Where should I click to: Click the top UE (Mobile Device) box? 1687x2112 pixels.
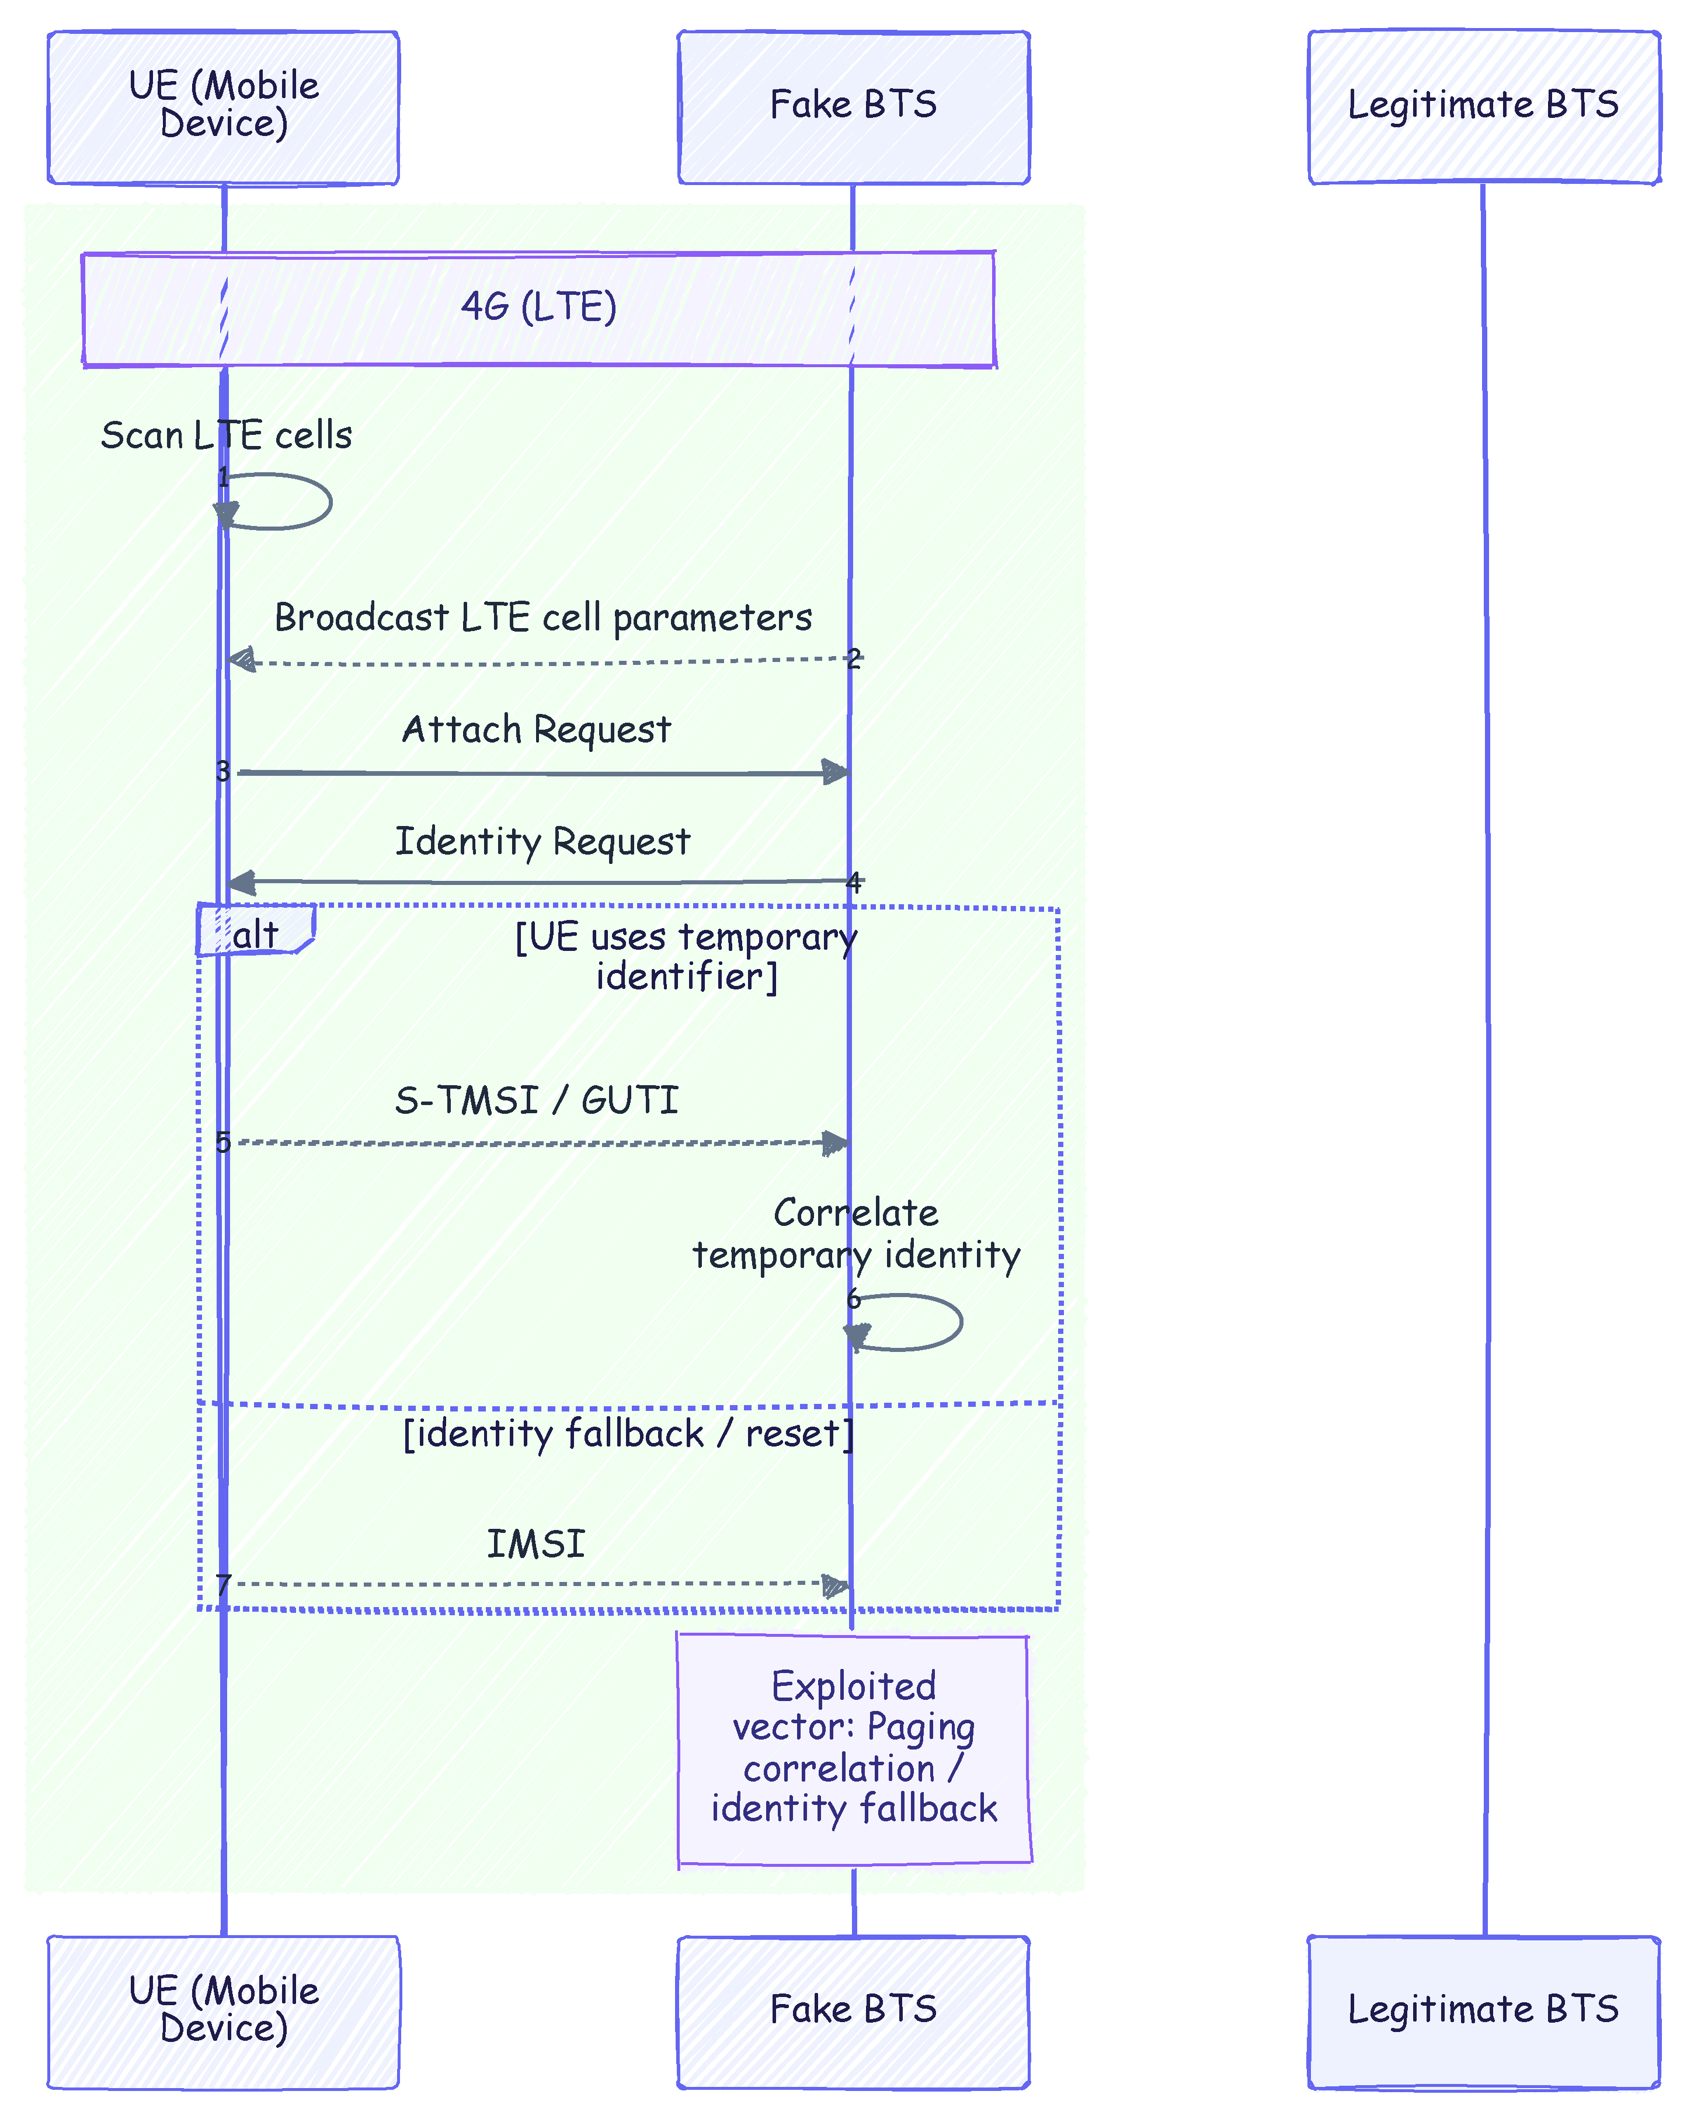coord(224,107)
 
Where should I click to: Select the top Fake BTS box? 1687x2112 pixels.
coord(853,107)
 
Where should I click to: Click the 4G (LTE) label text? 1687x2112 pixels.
coord(539,306)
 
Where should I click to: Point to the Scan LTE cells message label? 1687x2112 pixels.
coord(227,435)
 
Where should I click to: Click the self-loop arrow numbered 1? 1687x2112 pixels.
coord(330,501)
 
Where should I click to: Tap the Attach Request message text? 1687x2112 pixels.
coord(537,730)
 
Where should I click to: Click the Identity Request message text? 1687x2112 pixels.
coord(542,841)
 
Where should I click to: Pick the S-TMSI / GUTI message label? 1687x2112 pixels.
coord(537,1100)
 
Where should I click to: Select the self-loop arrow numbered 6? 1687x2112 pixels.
coord(960,1322)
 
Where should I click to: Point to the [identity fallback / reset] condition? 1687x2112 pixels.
coord(629,1434)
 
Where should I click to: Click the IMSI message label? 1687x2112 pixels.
coord(536,1545)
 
